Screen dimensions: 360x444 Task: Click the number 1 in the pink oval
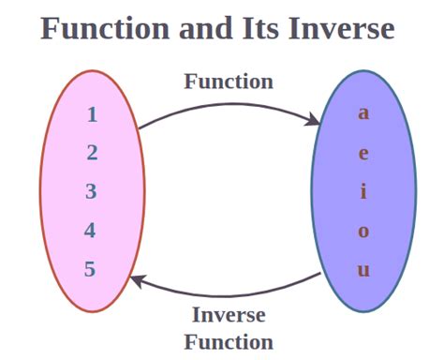92,115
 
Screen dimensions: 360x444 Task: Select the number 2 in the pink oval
92,154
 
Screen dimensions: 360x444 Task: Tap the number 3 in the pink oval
92,192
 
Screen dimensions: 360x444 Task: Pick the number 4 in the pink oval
91,231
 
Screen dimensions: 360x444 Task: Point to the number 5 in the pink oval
91,270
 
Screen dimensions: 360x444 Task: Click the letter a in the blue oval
363,114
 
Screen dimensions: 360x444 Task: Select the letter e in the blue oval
363,154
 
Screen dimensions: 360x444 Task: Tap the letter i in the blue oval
363,192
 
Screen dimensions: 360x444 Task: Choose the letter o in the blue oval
363,232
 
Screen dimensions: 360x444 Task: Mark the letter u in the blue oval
363,271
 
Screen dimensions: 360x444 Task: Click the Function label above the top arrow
229,82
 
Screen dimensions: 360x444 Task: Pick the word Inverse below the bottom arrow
229,315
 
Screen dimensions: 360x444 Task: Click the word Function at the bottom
229,341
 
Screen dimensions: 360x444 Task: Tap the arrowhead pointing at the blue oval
316,119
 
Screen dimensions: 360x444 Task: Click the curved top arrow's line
225,104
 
